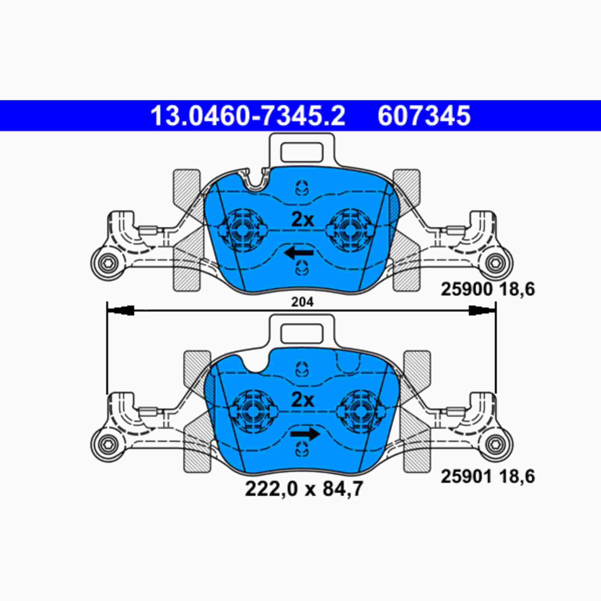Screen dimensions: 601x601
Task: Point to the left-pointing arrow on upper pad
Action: pos(299,254)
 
